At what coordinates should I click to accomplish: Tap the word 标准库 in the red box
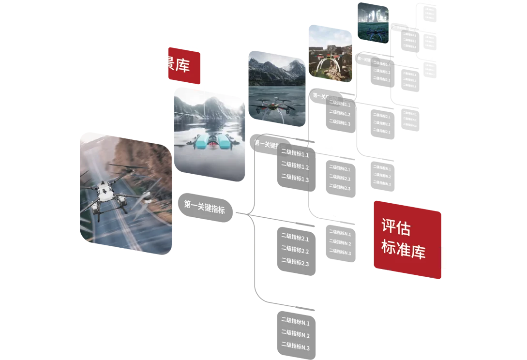tap(403, 249)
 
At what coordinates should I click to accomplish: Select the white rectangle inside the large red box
tap(483, 257)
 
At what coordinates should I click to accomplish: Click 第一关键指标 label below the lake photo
tap(204, 207)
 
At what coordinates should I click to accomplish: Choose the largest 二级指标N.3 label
tap(295, 347)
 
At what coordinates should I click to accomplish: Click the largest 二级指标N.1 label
tap(295, 322)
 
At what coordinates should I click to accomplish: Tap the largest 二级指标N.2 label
tap(295, 334)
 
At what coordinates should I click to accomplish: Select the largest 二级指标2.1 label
tap(295, 238)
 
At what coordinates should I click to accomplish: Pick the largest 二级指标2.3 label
tap(295, 262)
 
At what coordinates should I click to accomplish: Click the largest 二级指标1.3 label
tap(295, 178)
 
